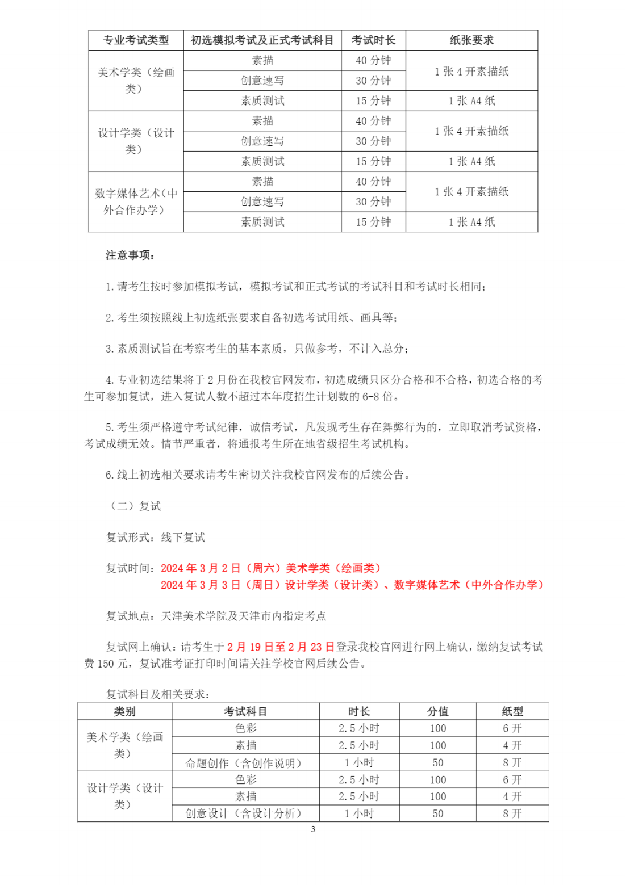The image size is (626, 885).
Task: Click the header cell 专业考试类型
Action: click(x=136, y=40)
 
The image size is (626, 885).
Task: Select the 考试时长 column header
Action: click(x=373, y=40)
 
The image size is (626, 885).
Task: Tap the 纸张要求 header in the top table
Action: click(x=471, y=40)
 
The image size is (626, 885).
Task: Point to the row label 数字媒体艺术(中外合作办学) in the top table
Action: click(x=136, y=202)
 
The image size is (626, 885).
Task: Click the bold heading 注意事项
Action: click(x=130, y=255)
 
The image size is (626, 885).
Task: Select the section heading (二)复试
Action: click(x=136, y=506)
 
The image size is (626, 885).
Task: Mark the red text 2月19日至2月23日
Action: click(x=281, y=647)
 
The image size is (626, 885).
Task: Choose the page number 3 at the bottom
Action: click(x=313, y=829)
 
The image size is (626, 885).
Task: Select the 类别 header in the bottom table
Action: click(x=124, y=712)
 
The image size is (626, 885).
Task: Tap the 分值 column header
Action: click(x=437, y=712)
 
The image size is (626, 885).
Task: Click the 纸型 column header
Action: click(x=512, y=712)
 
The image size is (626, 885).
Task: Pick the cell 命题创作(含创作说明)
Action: click(x=245, y=763)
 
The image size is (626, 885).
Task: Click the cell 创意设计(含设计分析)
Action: click(x=245, y=813)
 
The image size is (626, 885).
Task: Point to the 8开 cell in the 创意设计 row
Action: click(x=512, y=813)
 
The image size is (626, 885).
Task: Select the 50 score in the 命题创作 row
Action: click(x=437, y=763)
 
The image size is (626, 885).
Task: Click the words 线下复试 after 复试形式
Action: click(x=183, y=537)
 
